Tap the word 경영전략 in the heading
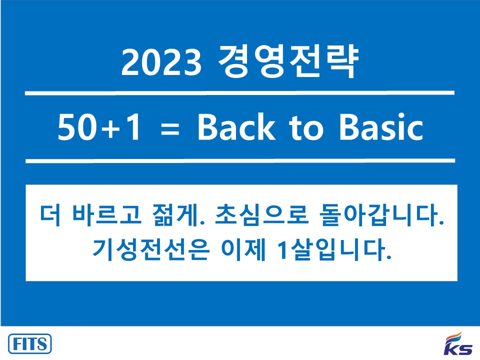pos(288,60)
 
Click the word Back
pos(236,126)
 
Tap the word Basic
pos(381,126)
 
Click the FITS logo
pos(29,344)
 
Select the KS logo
pos(458,343)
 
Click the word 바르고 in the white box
pos(106,214)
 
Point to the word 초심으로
pos(261,214)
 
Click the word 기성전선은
pos(151,249)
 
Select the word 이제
pos(243,249)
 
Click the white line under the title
pos(239,93)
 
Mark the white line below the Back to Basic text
pos(240,160)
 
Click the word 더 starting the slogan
pos(50,214)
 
